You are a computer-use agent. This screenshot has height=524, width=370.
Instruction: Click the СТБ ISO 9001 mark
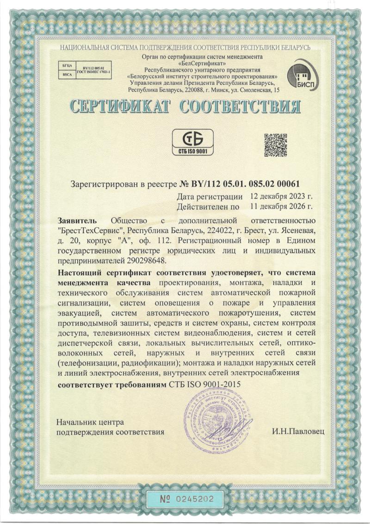pos(192,142)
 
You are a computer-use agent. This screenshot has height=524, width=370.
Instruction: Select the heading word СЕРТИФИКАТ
pos(119,107)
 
